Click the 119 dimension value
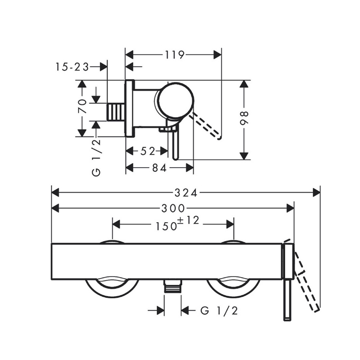click(x=175, y=55)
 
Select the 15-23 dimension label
click(x=72, y=67)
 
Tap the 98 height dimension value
click(x=244, y=118)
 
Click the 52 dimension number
click(x=148, y=151)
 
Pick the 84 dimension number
click(x=159, y=168)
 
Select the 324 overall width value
click(x=186, y=193)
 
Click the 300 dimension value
click(x=173, y=208)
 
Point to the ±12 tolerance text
click(x=189, y=221)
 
